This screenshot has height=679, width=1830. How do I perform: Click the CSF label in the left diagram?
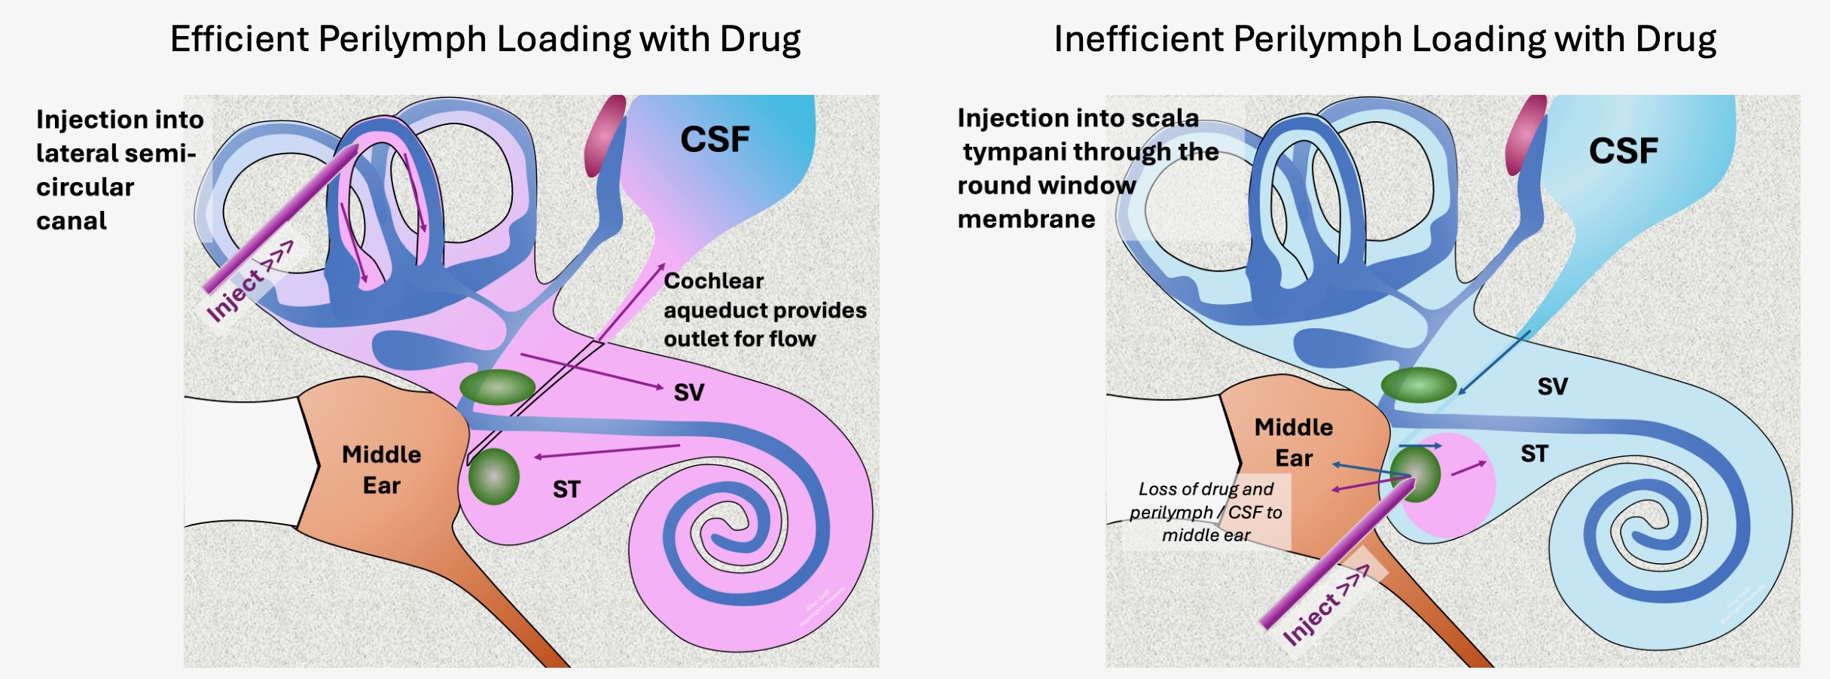(x=715, y=139)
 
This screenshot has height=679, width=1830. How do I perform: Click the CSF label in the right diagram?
(x=1623, y=151)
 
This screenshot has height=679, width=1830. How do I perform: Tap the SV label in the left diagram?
(x=688, y=392)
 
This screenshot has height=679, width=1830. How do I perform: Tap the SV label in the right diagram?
(x=1552, y=387)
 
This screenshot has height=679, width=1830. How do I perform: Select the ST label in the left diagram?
(x=566, y=490)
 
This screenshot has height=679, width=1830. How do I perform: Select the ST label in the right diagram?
(x=1534, y=454)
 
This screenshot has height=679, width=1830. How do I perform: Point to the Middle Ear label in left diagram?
(x=382, y=470)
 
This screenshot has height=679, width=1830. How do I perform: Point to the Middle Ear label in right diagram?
(x=1294, y=443)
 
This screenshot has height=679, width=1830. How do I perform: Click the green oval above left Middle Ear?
(x=497, y=387)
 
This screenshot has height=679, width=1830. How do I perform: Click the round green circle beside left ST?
(x=494, y=476)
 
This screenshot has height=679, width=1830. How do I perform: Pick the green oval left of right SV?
(x=1418, y=385)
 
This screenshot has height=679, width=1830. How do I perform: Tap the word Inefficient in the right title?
(x=1136, y=39)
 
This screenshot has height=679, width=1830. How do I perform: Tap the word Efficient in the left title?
(x=237, y=39)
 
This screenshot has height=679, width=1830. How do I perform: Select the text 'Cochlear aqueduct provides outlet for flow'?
(x=764, y=309)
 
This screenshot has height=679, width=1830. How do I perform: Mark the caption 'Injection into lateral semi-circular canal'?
(x=119, y=170)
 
